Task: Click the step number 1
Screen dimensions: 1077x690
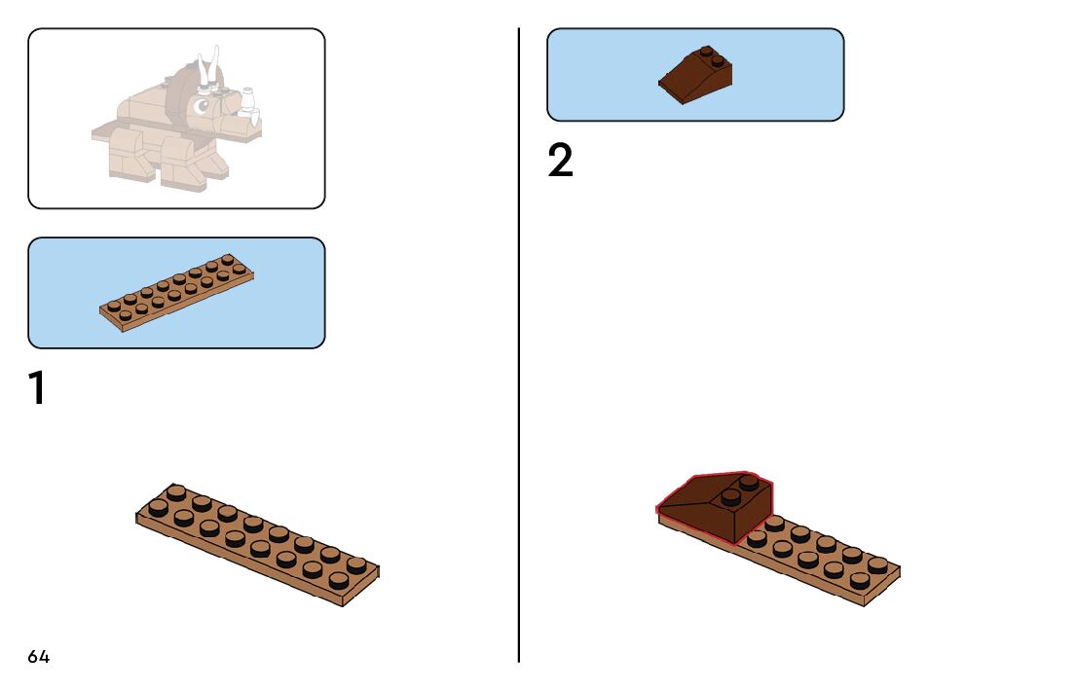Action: (x=37, y=388)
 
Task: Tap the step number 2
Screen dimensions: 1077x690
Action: (x=560, y=162)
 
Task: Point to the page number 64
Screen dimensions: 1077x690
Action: (x=39, y=657)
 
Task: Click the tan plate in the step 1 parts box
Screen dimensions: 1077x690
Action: (x=175, y=293)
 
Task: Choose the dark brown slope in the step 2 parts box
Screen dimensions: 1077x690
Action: (x=695, y=79)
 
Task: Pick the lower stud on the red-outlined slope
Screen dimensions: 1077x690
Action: (x=728, y=497)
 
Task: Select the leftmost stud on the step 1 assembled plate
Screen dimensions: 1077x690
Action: (x=158, y=505)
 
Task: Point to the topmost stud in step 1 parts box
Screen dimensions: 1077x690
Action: (x=228, y=260)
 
